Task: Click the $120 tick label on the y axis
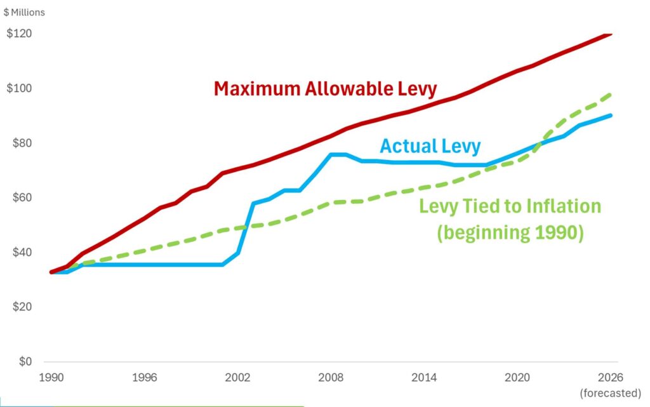coord(20,34)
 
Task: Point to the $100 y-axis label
coord(20,88)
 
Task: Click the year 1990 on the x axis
coord(51,377)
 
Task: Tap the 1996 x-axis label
coord(145,377)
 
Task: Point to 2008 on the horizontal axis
coord(331,377)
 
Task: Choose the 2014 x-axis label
coord(424,377)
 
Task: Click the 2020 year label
coord(517,377)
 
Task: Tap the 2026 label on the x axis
coord(610,377)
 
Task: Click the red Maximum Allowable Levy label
coord(326,88)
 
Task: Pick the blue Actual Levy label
coord(430,147)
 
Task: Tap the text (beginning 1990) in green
coord(510,232)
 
